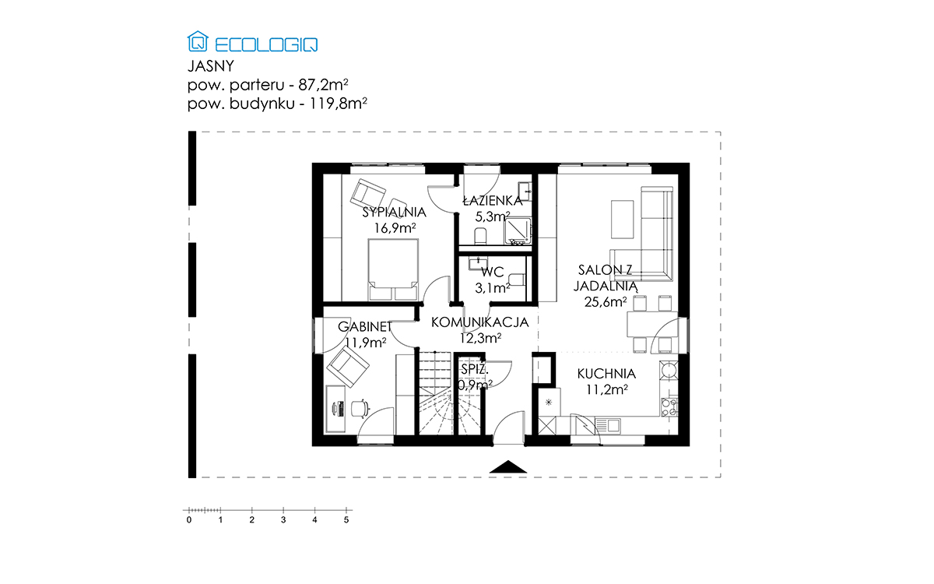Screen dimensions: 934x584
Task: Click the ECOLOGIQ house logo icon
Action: pyautogui.click(x=198, y=41)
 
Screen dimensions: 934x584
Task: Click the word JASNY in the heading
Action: pyautogui.click(x=211, y=66)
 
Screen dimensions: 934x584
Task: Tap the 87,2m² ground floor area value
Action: pyautogui.click(x=323, y=85)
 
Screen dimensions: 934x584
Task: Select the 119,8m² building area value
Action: pyautogui.click(x=338, y=103)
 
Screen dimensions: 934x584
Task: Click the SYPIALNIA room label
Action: pyautogui.click(x=394, y=213)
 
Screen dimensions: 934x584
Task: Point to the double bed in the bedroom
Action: pyautogui.click(x=393, y=269)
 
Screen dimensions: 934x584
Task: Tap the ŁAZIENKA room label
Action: pyautogui.click(x=493, y=201)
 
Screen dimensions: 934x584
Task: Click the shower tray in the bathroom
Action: pyautogui.click(x=518, y=230)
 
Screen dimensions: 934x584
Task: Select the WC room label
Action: pyautogui.click(x=493, y=272)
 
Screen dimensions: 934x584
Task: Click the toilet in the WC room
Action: pyautogui.click(x=517, y=280)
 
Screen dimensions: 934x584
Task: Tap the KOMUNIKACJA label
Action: pyautogui.click(x=480, y=322)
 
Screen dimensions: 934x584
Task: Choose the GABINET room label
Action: pyautogui.click(x=365, y=326)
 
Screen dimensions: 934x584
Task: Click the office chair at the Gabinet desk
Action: pyautogui.click(x=360, y=408)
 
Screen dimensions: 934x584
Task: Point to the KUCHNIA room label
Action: pyautogui.click(x=606, y=374)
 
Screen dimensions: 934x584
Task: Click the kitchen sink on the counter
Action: pyautogui.click(x=608, y=426)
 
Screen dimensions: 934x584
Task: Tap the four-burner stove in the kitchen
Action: pyautogui.click(x=669, y=407)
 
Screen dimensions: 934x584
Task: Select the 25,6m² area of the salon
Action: pyautogui.click(x=606, y=301)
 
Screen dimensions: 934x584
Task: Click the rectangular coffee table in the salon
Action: pyautogui.click(x=622, y=220)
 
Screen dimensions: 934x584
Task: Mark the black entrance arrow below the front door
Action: pyautogui.click(x=507, y=466)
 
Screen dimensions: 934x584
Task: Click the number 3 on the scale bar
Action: pyautogui.click(x=283, y=520)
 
